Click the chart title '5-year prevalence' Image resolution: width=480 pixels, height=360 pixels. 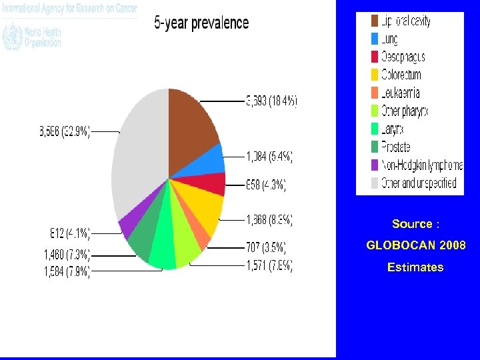(201, 23)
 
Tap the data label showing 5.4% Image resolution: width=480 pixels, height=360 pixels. (269, 157)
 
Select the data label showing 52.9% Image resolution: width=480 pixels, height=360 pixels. (64, 132)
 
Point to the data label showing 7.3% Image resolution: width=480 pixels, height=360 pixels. (67, 254)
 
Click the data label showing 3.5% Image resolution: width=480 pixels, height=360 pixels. (265, 248)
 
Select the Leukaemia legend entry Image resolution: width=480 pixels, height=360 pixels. (400, 93)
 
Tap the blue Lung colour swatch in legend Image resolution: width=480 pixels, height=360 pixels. (375, 39)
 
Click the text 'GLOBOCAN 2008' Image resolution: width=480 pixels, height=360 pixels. (416, 245)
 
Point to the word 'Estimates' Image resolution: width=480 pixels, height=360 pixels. (415, 267)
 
